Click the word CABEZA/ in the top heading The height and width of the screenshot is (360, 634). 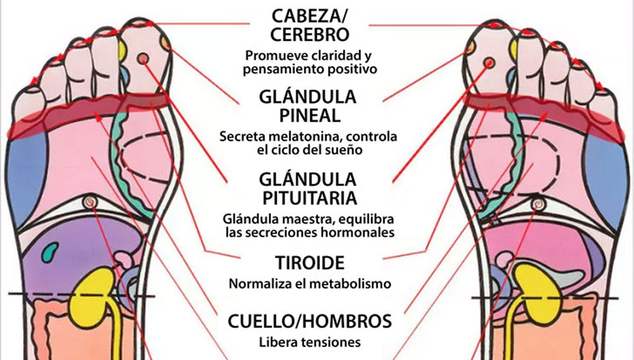310,16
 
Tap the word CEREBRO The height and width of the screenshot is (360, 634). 310,34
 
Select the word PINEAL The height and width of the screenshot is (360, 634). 310,115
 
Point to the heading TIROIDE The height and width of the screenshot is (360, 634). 310,263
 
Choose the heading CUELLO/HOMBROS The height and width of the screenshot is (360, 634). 310,321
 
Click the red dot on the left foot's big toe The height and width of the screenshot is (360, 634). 143,59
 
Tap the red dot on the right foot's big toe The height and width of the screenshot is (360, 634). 489,62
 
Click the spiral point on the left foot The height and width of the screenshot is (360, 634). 90,201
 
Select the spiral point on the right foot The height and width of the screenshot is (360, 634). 536,204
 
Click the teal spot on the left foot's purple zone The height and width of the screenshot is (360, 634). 50,251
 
